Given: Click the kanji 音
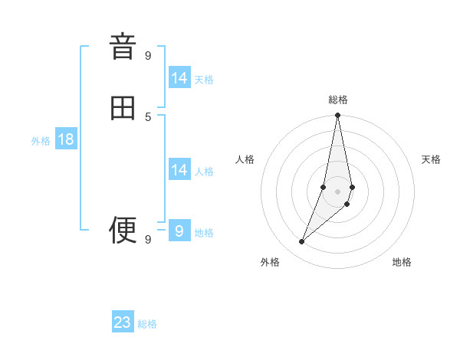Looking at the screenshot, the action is (x=123, y=47).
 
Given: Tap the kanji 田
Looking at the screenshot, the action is (x=123, y=108).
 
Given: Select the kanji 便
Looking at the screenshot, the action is (x=123, y=229).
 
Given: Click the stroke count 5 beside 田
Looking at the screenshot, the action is (x=148, y=116).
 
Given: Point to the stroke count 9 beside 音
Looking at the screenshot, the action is (x=148, y=55).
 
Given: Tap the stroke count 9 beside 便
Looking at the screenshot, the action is (x=148, y=239).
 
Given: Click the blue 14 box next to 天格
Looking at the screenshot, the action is (x=179, y=78).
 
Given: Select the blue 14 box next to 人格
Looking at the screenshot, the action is (x=179, y=170).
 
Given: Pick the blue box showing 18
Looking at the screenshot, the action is (x=66, y=139).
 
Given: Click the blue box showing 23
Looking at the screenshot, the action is (x=123, y=322).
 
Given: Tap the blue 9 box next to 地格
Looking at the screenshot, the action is (x=179, y=231).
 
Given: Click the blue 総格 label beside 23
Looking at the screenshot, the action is (x=147, y=324).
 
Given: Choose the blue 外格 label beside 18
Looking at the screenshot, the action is (x=41, y=141).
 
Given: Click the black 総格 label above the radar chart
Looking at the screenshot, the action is (x=338, y=100).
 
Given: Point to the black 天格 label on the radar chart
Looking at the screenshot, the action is (x=431, y=159).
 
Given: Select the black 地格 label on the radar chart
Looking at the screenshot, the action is (x=402, y=262).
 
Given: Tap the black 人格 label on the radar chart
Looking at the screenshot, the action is (x=245, y=159).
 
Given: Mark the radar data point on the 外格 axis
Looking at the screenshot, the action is (x=302, y=242).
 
